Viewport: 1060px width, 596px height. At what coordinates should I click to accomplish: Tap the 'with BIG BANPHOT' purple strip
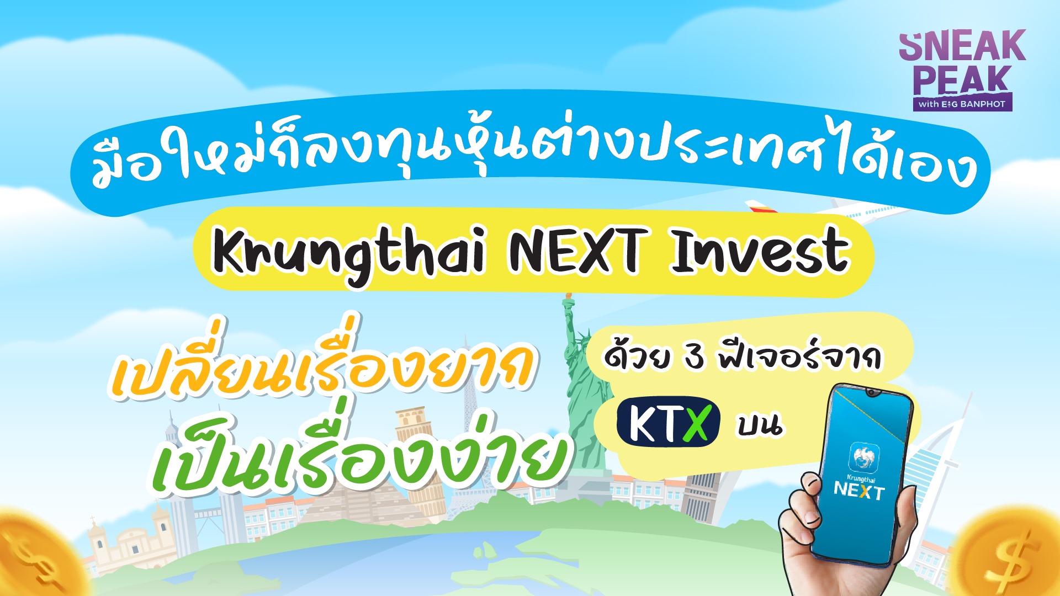click(962, 104)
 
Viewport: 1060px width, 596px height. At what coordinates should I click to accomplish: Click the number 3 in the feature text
click(694, 357)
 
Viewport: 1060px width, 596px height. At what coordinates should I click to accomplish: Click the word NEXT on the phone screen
click(859, 489)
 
